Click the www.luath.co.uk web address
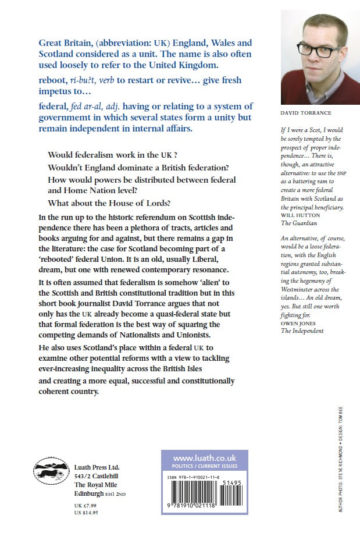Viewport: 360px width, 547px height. point(204,458)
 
